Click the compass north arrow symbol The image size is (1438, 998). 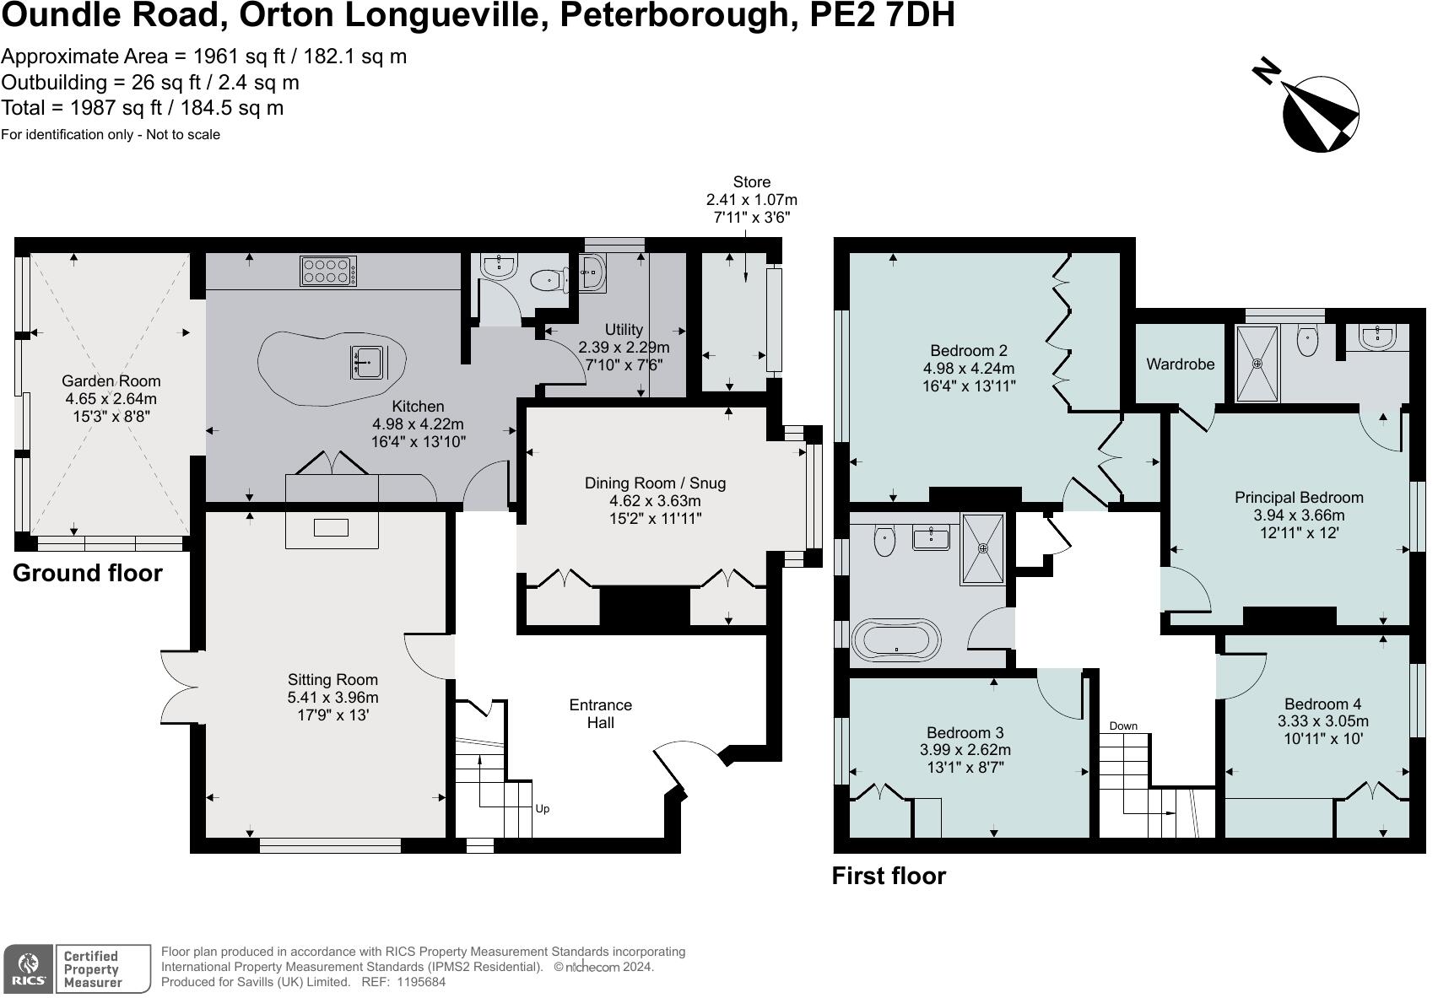pos(1319,113)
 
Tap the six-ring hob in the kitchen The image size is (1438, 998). pos(327,271)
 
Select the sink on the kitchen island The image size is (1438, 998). pos(368,361)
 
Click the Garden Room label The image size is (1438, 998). pos(111,381)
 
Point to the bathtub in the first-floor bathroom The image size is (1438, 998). pos(895,639)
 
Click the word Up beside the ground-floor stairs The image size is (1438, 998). pos(543,809)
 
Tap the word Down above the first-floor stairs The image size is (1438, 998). pos(1122,726)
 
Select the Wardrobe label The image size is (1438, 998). pos(1180,364)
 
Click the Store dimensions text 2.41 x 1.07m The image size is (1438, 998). pos(751,200)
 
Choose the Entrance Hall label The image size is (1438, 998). pos(600,714)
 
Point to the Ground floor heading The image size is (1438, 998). pos(87,574)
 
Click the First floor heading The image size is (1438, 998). pos(888,876)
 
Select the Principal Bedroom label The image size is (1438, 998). pos(1298,498)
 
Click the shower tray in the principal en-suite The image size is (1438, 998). pos(1257,364)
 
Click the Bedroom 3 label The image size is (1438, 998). pos(965,732)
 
